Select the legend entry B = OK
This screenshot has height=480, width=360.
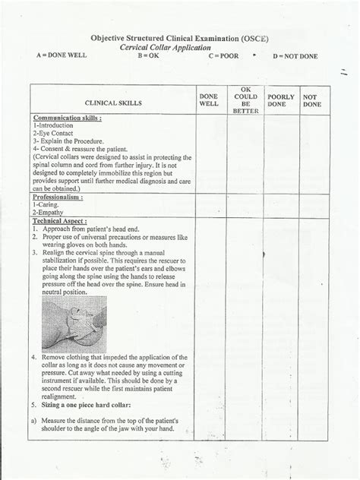[149, 56]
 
